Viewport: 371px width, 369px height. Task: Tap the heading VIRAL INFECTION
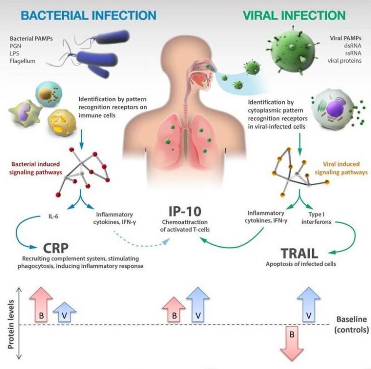(294, 15)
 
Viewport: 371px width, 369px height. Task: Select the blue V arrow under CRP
(65, 313)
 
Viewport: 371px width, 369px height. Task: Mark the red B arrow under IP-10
(174, 311)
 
